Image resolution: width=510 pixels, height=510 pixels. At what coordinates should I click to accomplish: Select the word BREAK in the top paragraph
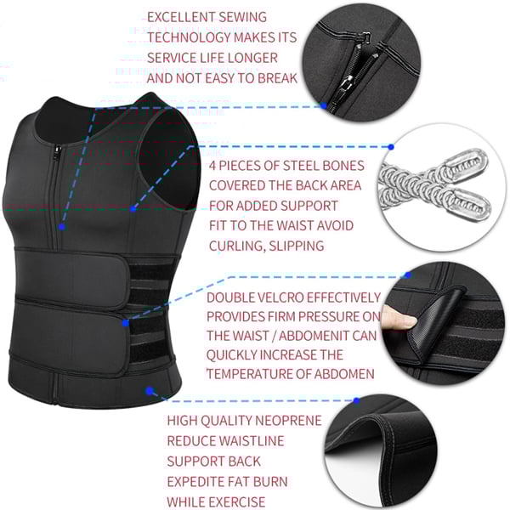[x=277, y=78]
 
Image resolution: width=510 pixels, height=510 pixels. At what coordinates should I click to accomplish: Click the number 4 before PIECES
[x=212, y=166]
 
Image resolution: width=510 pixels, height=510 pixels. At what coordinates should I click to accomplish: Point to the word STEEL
[x=298, y=166]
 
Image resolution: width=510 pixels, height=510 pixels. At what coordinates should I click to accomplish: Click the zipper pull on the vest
[x=57, y=152]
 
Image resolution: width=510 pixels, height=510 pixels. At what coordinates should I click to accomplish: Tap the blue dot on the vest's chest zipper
[x=62, y=227]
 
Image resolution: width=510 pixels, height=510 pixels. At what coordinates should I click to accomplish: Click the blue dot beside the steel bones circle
[x=391, y=147]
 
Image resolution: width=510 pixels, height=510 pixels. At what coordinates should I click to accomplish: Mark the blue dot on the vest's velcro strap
[x=126, y=323]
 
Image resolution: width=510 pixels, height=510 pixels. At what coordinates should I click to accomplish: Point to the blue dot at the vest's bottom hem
[x=150, y=391]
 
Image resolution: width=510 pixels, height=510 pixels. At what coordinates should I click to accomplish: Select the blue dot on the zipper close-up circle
[x=324, y=105]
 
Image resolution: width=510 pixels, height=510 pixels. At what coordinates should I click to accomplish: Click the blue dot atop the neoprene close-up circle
[x=356, y=400]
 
